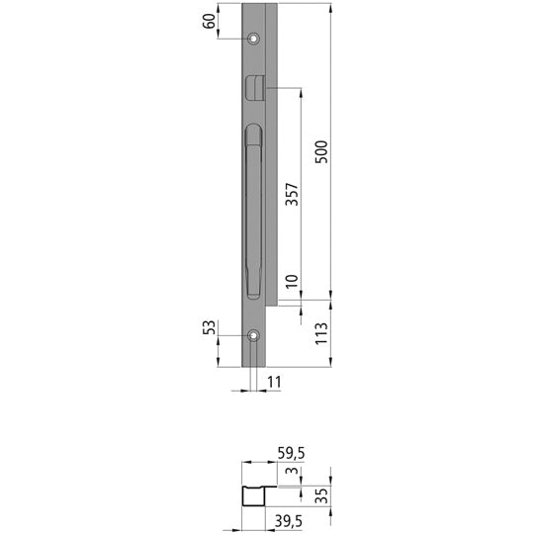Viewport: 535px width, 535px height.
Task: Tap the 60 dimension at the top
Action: coord(210,22)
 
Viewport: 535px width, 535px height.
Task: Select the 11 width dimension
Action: coord(275,380)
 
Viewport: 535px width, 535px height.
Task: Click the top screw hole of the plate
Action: coord(254,39)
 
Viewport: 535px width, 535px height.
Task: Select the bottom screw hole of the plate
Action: coord(254,335)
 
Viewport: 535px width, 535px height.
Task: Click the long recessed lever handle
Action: coord(253,213)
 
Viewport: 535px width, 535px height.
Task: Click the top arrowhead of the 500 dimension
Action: coord(330,8)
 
